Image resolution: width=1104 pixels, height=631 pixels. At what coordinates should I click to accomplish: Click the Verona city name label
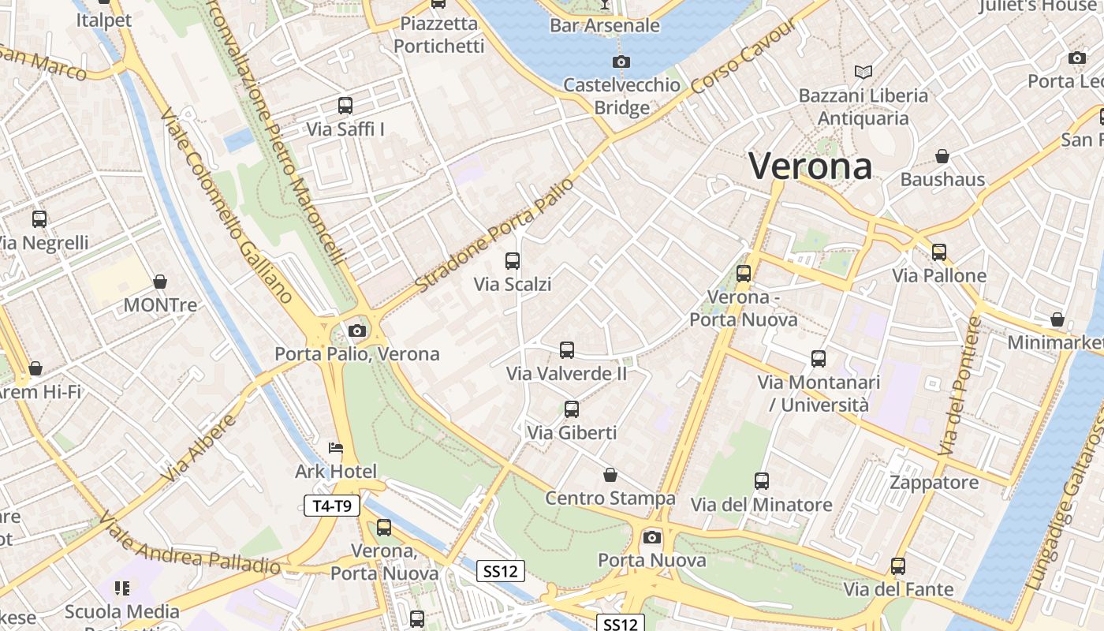tap(810, 166)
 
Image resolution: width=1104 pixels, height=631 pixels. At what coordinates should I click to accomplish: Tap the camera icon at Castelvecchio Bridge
tap(621, 62)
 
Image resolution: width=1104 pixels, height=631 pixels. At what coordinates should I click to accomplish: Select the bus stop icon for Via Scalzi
tap(513, 260)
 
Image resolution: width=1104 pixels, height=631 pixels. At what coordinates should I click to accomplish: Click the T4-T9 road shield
tap(332, 506)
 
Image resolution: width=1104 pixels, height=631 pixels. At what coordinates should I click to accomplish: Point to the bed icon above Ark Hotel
tap(336, 448)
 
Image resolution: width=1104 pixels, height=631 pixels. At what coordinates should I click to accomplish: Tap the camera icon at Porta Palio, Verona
tap(357, 330)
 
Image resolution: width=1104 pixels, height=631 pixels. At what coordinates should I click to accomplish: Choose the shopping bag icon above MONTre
tap(160, 282)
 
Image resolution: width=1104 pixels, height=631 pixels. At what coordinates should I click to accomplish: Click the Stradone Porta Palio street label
tap(491, 234)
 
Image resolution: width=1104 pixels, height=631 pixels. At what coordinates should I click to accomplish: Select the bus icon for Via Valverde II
tap(566, 349)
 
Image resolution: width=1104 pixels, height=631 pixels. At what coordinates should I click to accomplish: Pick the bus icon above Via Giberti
tap(572, 409)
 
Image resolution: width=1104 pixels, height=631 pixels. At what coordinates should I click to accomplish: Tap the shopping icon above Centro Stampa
tap(610, 475)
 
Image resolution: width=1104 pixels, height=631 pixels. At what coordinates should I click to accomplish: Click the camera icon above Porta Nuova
tap(651, 537)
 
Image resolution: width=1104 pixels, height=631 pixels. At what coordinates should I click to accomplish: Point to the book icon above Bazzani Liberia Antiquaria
tap(863, 72)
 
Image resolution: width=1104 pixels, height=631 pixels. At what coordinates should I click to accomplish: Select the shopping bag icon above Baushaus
tap(942, 156)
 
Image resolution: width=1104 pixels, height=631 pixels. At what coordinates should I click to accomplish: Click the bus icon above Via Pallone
tap(938, 252)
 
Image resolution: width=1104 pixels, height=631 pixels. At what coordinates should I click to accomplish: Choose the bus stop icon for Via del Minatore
tap(761, 480)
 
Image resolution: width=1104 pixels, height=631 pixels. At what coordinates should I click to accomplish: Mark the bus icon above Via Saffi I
tap(345, 105)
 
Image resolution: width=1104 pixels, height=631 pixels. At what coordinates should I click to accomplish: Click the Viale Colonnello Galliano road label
tap(226, 204)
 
